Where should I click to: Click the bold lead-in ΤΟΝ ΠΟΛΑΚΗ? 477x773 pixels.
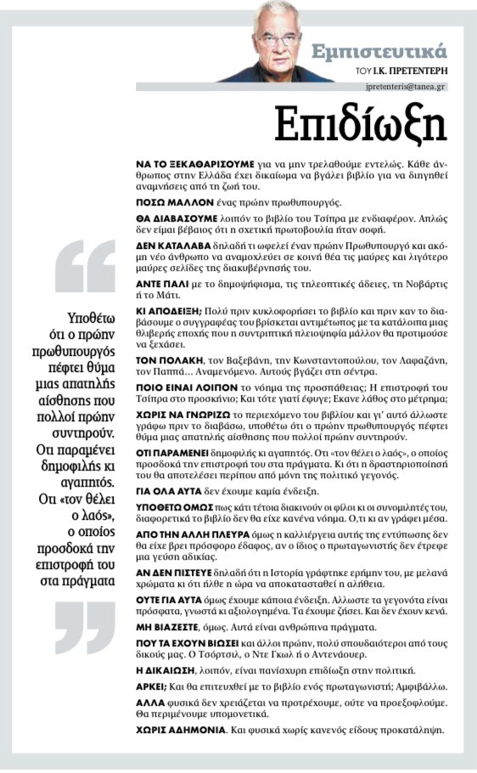pos(165,363)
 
